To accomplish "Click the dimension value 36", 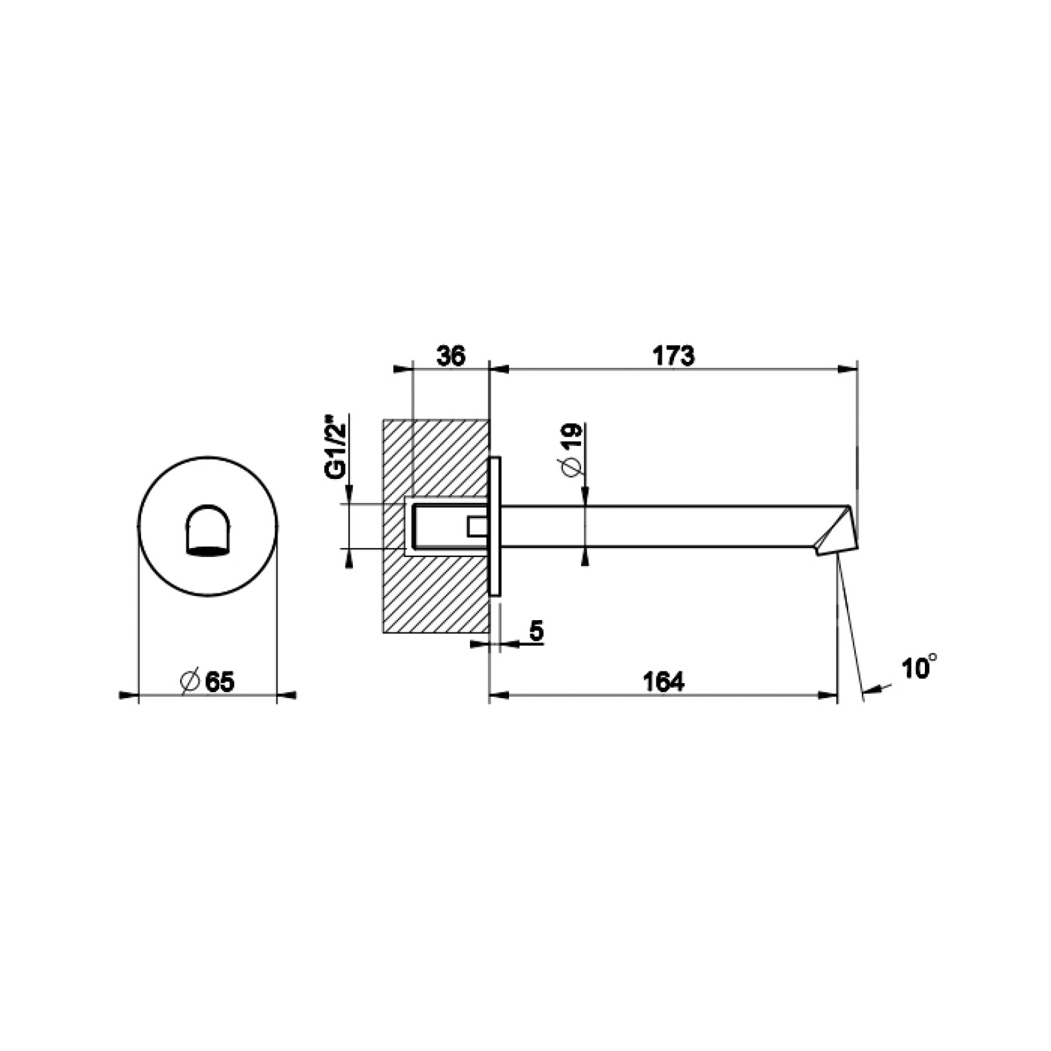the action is click(x=450, y=356).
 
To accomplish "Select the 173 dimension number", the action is click(x=673, y=356).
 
